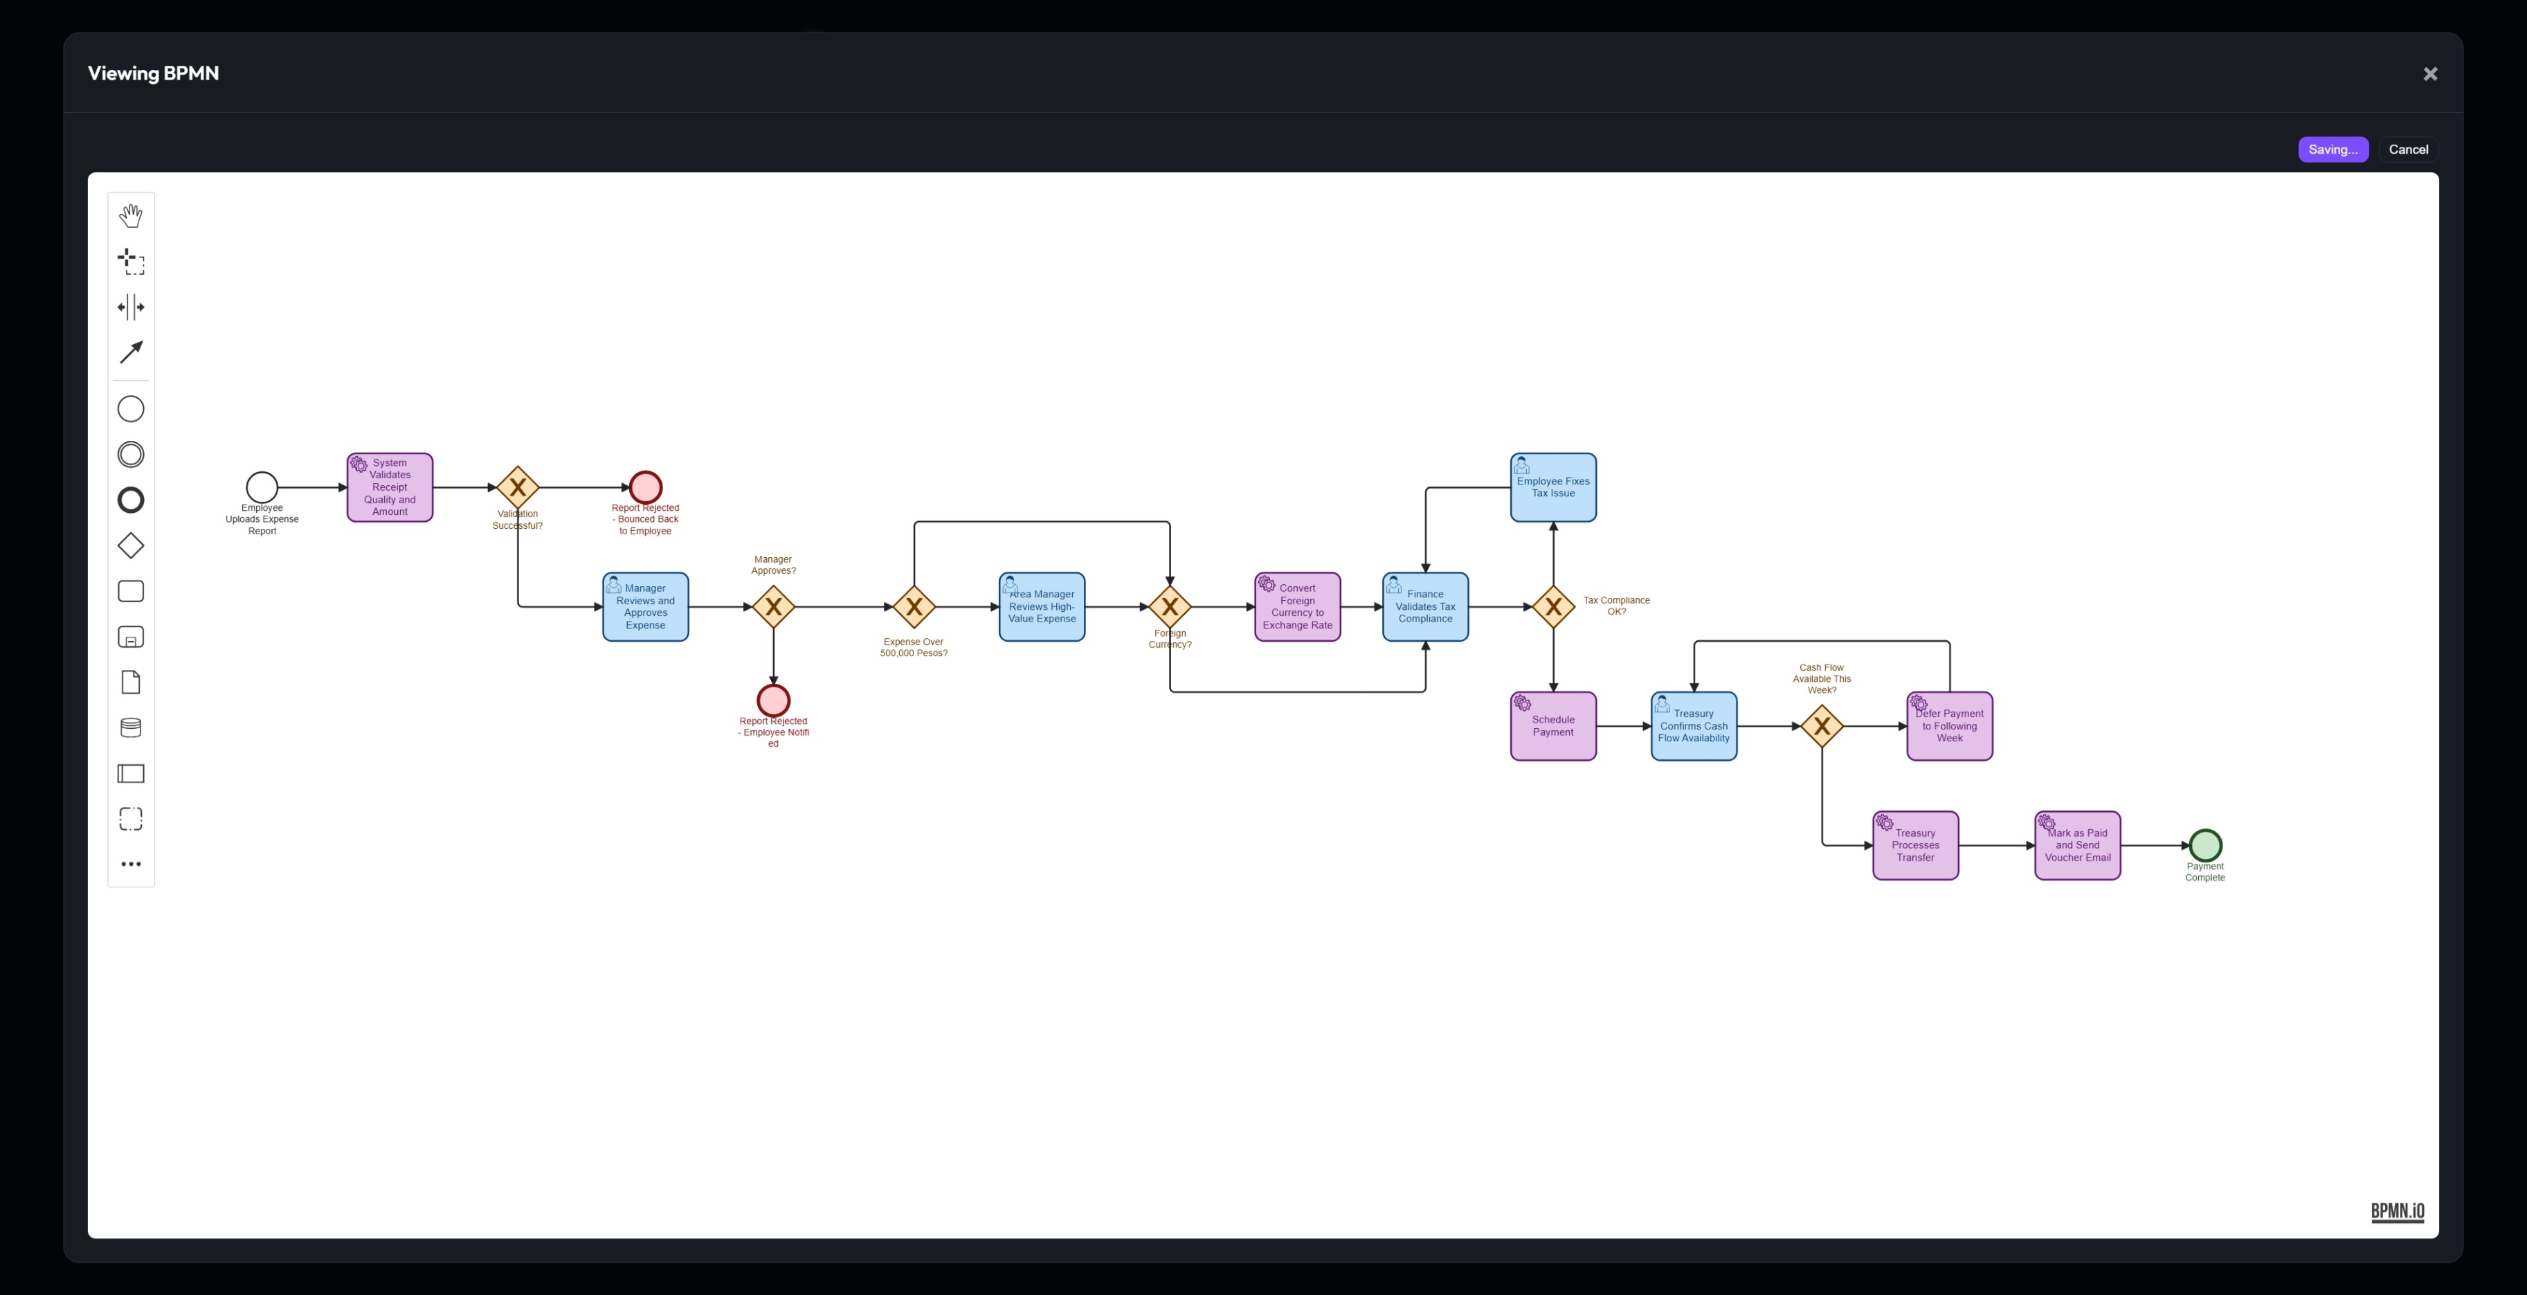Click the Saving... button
pos(2332,149)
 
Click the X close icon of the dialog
pos(2430,73)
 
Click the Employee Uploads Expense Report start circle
pos(262,487)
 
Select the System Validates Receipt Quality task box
pos(390,487)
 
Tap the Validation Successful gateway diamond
pos(518,487)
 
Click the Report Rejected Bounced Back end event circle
pos(646,487)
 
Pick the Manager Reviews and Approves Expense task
pos(646,607)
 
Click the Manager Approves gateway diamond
pos(773,607)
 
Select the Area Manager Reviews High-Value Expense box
pos(1042,607)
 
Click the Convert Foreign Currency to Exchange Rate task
pos(1297,607)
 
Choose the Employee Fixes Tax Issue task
pos(1553,487)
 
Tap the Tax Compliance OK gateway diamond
pos(1553,607)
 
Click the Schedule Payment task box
pos(1553,726)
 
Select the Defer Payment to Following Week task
pos(1949,726)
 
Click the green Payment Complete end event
pos(2204,844)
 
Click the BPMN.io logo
pos(2396,1212)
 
